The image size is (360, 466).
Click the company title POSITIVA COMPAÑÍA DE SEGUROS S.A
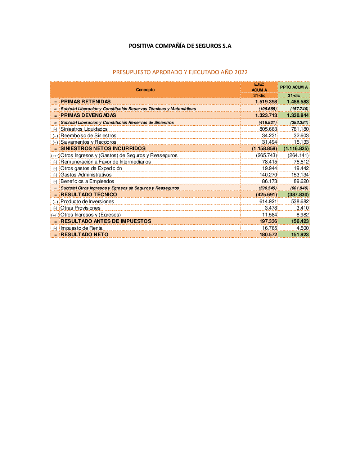[x=180, y=46]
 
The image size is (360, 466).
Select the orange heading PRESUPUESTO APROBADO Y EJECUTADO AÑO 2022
[x=180, y=72]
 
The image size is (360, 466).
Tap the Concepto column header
[x=145, y=90]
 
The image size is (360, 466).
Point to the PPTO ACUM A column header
[x=294, y=87]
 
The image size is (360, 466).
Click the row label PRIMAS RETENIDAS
[x=86, y=102]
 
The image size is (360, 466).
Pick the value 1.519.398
[x=266, y=102]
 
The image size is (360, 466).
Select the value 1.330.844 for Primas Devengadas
[x=298, y=116]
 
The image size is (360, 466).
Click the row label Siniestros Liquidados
[x=84, y=129]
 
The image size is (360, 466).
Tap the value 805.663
[x=268, y=129]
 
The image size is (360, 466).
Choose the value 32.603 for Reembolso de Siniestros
[x=301, y=135]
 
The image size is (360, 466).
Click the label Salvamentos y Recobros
[x=88, y=142]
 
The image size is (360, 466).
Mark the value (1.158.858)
[x=264, y=148]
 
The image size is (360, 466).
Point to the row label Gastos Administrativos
[x=86, y=175]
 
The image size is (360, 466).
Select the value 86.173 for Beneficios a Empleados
[x=269, y=181]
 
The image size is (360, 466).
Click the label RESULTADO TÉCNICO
[x=89, y=194]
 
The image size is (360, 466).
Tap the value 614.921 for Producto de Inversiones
[x=268, y=201]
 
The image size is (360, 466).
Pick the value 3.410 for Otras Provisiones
[x=302, y=208]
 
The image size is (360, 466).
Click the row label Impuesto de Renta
[x=81, y=228]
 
